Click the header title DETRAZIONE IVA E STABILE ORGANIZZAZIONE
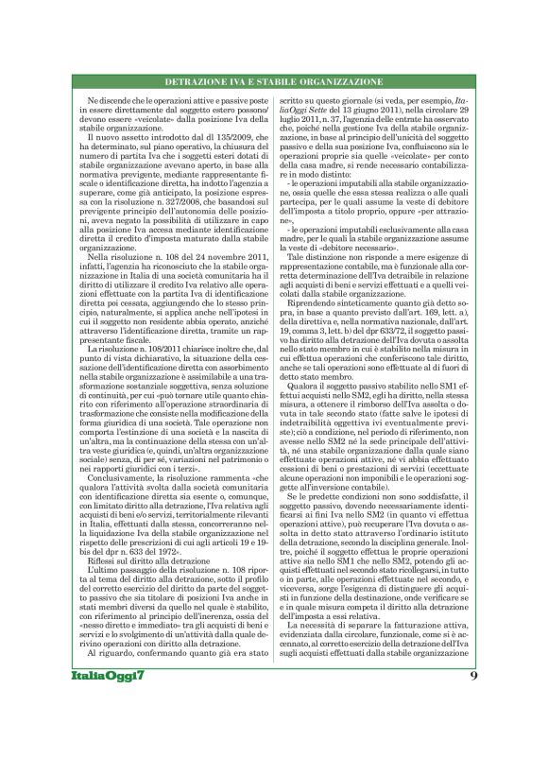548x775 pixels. coord(274,81)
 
